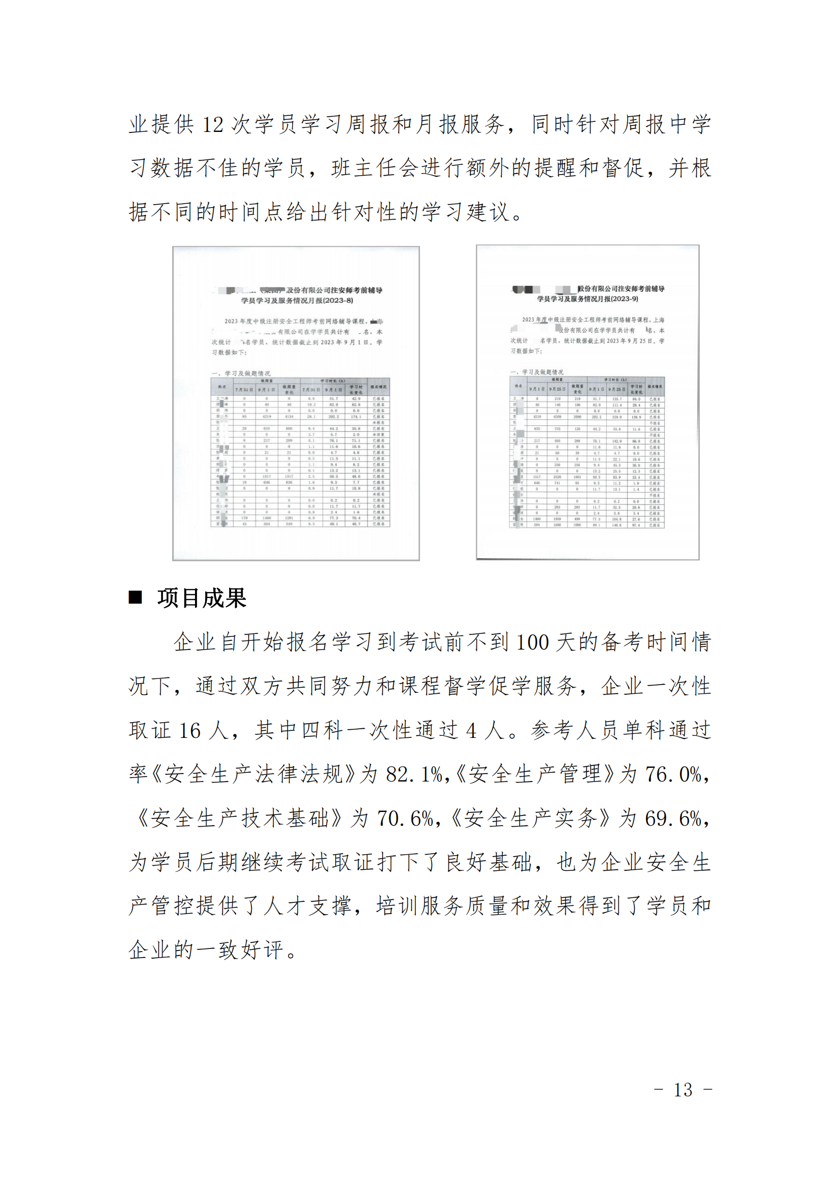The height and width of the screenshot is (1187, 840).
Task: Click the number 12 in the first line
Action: point(213,125)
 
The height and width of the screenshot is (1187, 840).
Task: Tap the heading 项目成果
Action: point(202,598)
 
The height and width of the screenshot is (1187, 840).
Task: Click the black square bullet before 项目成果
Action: point(136,598)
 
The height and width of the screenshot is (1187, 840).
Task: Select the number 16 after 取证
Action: point(190,730)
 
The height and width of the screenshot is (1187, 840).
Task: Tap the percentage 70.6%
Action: point(405,819)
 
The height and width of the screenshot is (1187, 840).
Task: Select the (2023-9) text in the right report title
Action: point(624,299)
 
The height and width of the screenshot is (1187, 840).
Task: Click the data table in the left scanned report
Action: point(300,452)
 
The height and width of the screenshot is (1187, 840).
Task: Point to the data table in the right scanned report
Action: point(587,452)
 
